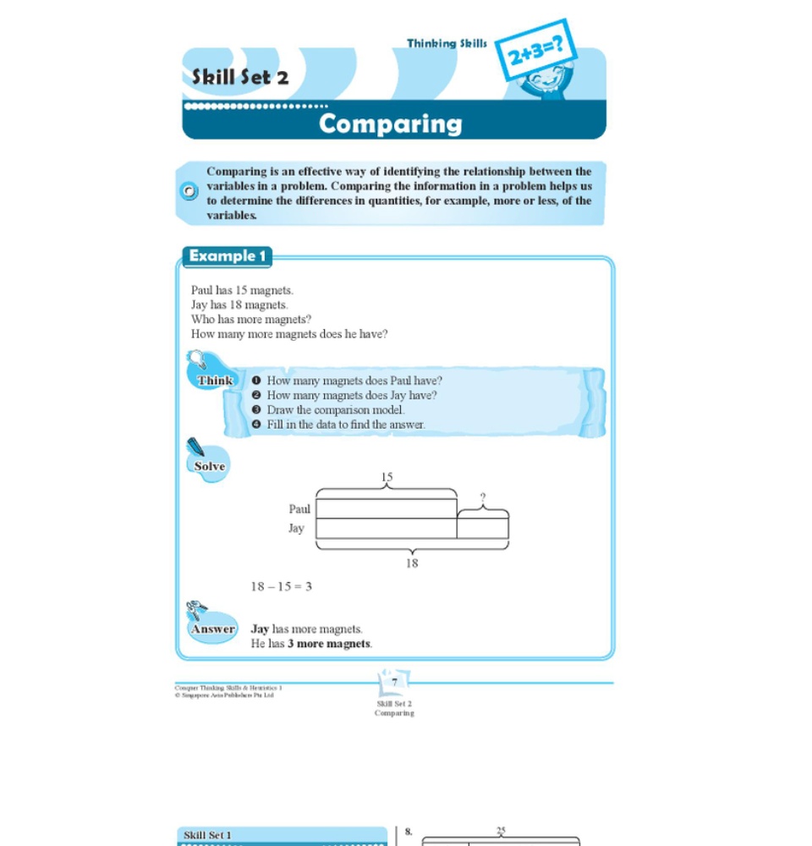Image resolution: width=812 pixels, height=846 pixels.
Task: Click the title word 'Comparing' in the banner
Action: (391, 124)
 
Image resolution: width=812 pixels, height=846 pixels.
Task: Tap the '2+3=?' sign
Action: (535, 52)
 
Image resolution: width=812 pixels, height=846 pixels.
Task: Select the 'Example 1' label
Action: (228, 255)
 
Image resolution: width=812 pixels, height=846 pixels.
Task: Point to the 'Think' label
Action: (215, 381)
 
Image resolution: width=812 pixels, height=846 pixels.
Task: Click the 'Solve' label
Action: (210, 466)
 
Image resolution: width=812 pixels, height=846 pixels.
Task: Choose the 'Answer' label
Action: (213, 629)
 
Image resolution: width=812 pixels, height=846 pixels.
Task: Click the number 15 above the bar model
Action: (387, 477)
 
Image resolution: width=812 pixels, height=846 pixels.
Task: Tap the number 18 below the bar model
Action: (411, 563)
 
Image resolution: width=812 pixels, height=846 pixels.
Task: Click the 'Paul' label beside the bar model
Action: (299, 509)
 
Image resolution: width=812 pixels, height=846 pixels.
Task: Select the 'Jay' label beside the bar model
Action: (296, 528)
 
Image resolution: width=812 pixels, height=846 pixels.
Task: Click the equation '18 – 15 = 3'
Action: (281, 585)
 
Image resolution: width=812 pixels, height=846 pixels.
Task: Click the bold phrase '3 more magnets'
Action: (329, 644)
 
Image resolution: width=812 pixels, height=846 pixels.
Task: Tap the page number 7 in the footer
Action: (394, 682)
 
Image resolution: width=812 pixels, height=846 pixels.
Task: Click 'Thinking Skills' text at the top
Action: (447, 43)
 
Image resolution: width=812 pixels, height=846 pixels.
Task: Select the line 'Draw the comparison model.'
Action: (336, 410)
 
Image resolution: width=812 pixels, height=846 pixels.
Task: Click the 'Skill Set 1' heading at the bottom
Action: (207, 835)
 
